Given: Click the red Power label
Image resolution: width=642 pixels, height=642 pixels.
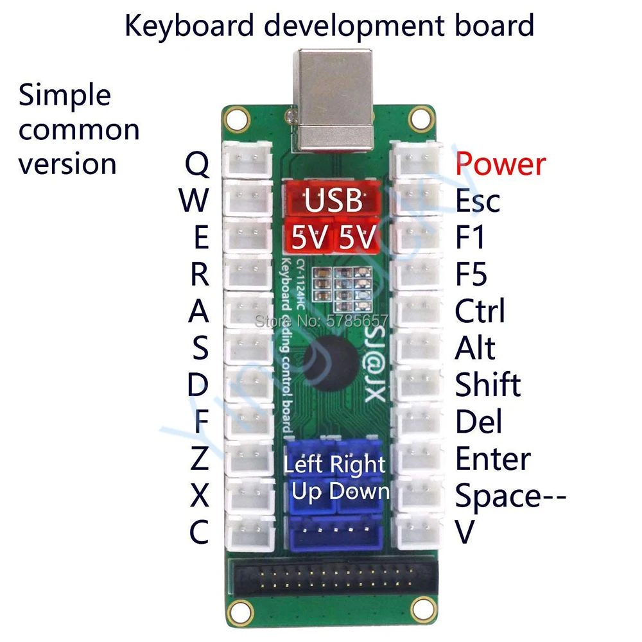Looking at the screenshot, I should coord(500,164).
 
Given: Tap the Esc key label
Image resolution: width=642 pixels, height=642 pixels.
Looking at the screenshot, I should coord(477,201).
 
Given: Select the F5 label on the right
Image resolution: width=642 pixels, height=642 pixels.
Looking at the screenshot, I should coord(471,275).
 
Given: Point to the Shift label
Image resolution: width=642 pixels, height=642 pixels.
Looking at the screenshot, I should coord(487,385).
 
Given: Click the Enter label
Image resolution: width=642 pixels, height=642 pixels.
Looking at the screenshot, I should coord(492,460).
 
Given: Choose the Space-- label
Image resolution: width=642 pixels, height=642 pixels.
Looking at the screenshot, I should coord(510,496).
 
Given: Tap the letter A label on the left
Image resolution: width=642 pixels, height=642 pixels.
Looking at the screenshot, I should coord(198,312).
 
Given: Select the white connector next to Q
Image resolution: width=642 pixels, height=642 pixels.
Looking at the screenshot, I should coord(247,160).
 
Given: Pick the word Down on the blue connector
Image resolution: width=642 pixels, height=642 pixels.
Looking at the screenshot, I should coord(360,491).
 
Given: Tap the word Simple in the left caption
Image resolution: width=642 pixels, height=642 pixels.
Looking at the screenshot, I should coord(65,96).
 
